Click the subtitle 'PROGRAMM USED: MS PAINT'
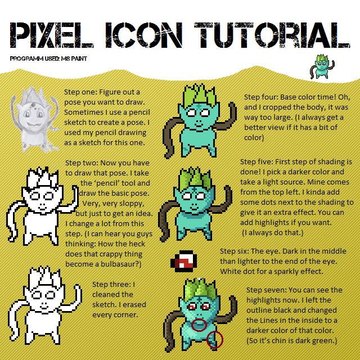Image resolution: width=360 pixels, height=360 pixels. pos(48,58)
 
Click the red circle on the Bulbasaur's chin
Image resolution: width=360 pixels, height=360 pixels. pos(200,326)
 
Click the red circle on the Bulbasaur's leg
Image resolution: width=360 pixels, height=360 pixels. pos(215,339)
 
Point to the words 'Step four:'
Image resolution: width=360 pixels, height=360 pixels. pos(263,98)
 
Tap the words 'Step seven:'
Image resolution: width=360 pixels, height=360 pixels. pos(267,290)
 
